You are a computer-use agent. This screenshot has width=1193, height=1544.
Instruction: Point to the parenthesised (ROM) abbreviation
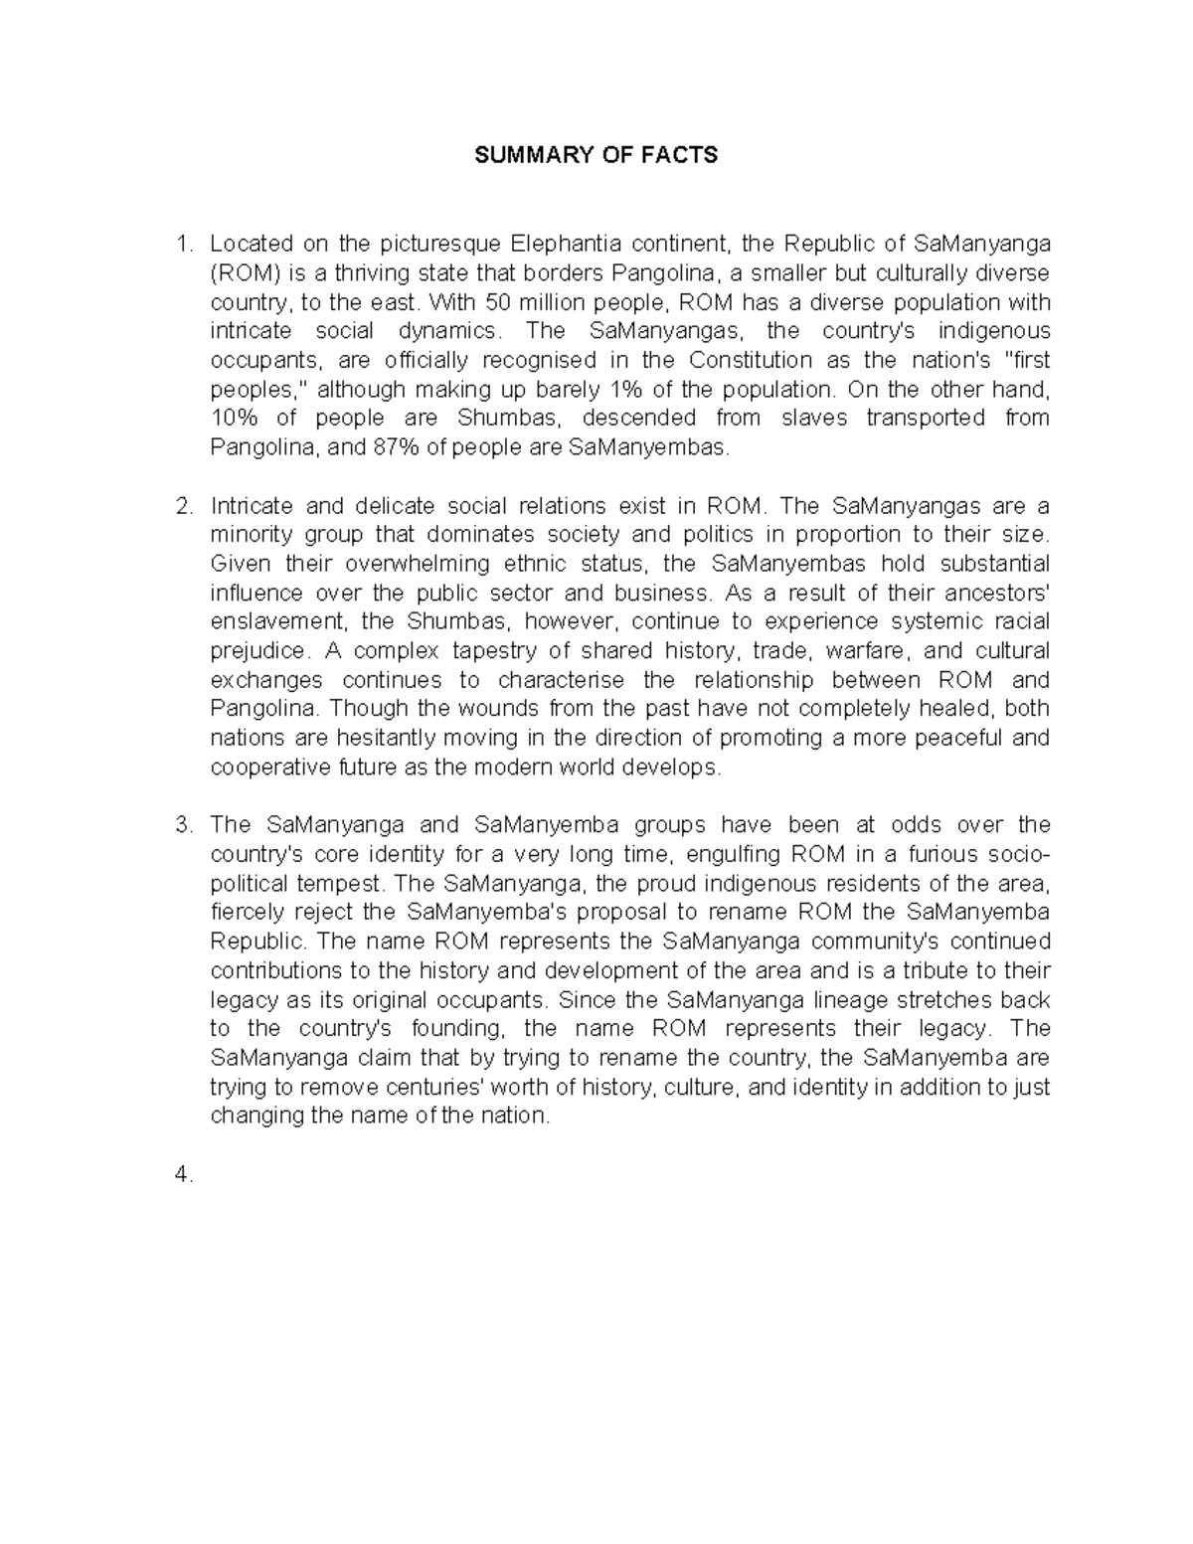point(242,272)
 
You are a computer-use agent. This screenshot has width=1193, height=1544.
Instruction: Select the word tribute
point(931,971)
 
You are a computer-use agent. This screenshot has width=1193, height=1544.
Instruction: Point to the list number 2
point(183,506)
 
